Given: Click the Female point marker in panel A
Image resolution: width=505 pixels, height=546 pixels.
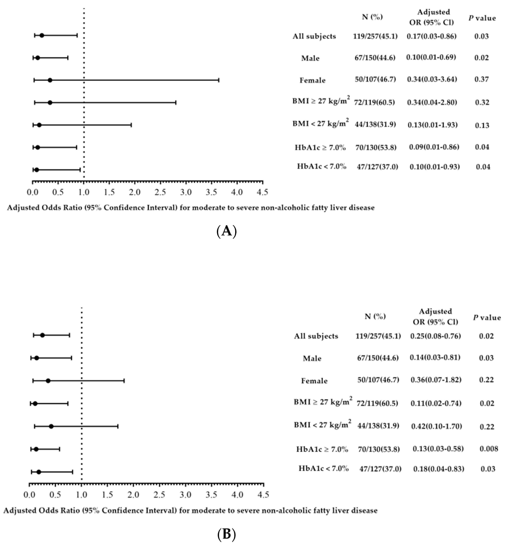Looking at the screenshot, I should (50, 80).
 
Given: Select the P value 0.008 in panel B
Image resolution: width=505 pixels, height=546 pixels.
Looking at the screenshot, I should (489, 448).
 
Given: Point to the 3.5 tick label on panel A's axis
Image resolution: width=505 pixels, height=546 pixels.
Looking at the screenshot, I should (211, 192).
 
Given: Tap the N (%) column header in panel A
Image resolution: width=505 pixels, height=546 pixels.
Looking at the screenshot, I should (372, 17).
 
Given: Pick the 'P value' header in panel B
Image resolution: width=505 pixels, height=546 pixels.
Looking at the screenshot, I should (487, 317).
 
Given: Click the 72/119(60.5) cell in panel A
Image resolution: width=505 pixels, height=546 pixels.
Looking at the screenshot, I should (374, 102).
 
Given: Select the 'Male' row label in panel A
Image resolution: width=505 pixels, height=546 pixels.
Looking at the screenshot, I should (310, 58).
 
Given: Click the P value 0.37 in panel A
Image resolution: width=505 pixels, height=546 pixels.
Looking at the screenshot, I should (481, 79).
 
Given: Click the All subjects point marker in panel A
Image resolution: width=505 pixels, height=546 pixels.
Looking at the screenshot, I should (42, 35).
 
